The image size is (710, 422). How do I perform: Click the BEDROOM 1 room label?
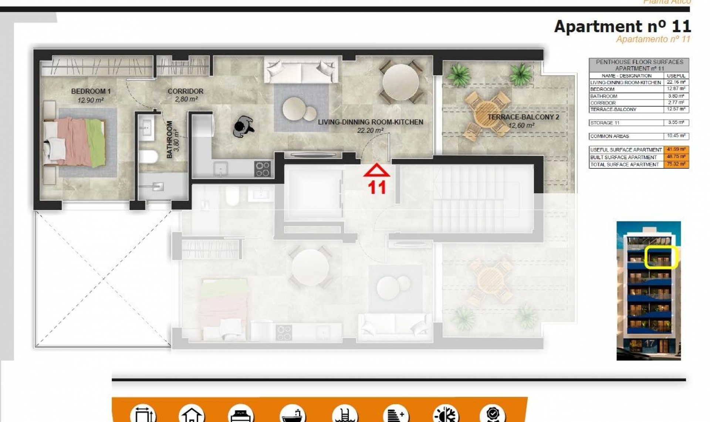91,91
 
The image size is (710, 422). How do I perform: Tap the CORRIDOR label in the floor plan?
185,91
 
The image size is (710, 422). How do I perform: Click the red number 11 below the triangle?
377,188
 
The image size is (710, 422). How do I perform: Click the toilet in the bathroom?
148,156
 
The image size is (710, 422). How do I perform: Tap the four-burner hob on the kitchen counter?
263,169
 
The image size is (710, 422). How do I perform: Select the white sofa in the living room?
301,70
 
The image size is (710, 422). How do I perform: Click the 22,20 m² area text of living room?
370,130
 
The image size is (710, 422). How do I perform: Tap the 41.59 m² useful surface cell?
676,150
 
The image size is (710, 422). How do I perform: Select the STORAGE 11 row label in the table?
604,123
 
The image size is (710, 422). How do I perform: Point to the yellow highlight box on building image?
660,257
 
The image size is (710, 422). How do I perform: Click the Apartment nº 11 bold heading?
622,27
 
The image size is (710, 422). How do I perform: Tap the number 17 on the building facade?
649,343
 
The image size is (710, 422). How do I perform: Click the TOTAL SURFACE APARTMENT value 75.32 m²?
676,164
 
